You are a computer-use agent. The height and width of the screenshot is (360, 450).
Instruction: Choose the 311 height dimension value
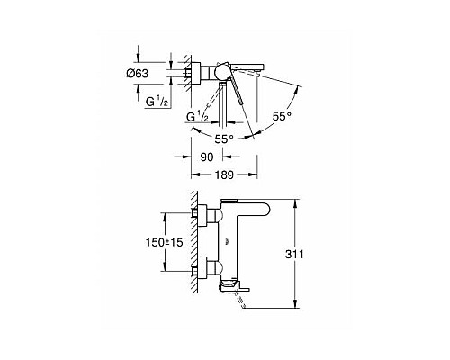click(x=309, y=255)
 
